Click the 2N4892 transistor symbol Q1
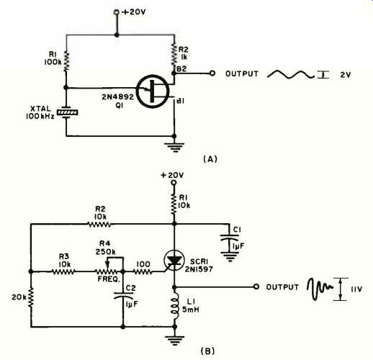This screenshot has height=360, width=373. (153, 91)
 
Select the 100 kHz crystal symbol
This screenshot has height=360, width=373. (67, 112)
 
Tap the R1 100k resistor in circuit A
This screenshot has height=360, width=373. (66, 61)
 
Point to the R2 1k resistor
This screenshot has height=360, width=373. (174, 54)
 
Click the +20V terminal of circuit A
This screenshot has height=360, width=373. (117, 12)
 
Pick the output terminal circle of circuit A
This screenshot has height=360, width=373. (212, 73)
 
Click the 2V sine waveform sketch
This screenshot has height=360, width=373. (290, 75)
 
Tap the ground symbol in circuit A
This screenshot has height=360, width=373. (174, 148)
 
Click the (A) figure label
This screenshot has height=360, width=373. (210, 159)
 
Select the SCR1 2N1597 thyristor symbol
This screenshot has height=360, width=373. (174, 260)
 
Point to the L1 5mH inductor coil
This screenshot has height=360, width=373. (175, 306)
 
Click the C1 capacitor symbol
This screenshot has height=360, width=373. (230, 238)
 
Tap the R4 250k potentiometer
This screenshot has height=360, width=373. (107, 271)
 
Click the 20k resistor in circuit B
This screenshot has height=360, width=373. (31, 298)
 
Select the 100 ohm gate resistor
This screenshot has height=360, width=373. (143, 271)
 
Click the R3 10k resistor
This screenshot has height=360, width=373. (63, 271)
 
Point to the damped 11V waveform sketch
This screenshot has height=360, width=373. (320, 288)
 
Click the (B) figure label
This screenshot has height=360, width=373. (207, 351)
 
